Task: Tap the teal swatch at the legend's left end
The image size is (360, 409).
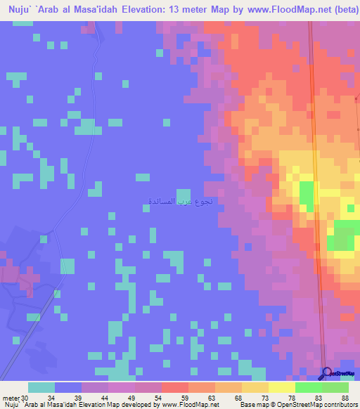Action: click(41, 387)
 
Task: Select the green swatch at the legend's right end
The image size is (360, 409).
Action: click(335, 387)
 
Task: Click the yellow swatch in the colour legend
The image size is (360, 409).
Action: click(281, 387)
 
